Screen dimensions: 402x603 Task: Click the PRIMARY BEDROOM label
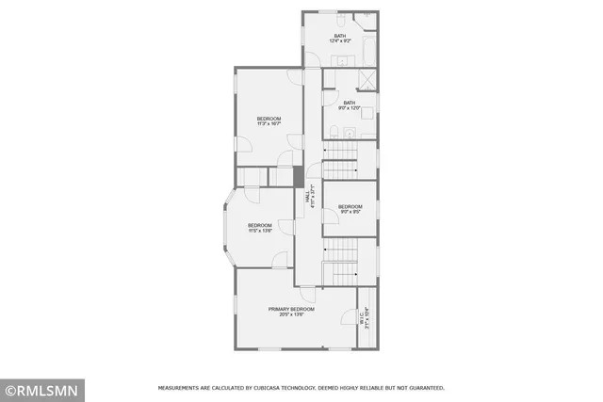pos(291,312)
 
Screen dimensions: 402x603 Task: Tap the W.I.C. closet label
pos(366,319)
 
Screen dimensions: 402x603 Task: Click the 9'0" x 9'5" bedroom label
pos(350,208)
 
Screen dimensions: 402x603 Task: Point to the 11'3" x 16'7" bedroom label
pos(269,121)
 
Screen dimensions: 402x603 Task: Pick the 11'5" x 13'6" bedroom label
pos(260,228)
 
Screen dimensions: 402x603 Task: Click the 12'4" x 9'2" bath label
pos(339,39)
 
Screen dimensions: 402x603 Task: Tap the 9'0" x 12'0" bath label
pos(350,105)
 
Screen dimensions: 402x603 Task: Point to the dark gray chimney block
pos(298,176)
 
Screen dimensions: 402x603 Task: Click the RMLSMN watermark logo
pos(42,389)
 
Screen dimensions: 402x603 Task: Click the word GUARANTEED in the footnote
pos(422,388)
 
